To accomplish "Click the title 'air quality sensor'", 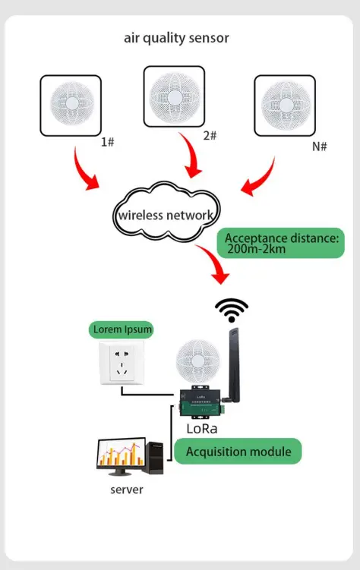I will pyautogui.click(x=176, y=37).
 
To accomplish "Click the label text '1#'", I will pyautogui.click(x=108, y=141).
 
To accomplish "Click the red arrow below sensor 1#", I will pyautogui.click(x=86, y=171).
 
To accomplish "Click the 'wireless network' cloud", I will pyautogui.click(x=166, y=215).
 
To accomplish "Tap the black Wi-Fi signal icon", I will pyautogui.click(x=232, y=310).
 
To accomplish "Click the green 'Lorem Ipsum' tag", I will pyautogui.click(x=121, y=329).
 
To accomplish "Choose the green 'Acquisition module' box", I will pyautogui.click(x=238, y=452).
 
